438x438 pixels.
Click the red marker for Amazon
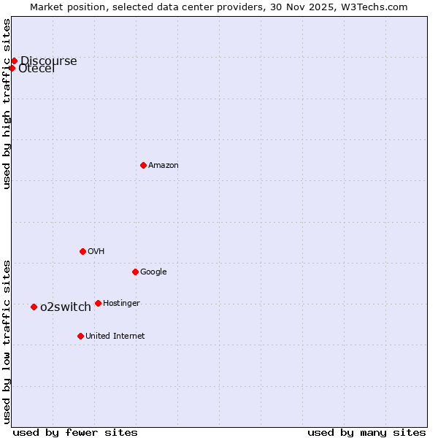pyautogui.click(x=143, y=165)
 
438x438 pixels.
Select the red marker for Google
pyautogui.click(x=135, y=272)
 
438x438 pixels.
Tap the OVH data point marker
pyautogui.click(x=82, y=251)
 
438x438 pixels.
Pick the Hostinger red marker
pyautogui.click(x=98, y=303)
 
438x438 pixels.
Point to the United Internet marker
pyautogui.click(x=80, y=336)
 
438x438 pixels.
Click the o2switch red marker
pyautogui.click(x=34, y=307)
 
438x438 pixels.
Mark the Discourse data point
pyautogui.click(x=14, y=61)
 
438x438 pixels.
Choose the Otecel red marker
pyautogui.click(x=12, y=68)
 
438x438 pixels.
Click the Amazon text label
pyautogui.click(x=164, y=166)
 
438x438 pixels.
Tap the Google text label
pyautogui.click(x=153, y=272)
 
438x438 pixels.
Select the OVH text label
pyautogui.click(x=96, y=252)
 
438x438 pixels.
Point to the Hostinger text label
pyautogui.click(x=121, y=304)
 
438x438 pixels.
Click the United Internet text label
pyautogui.click(x=115, y=337)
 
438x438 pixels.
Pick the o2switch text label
pyautogui.click(x=66, y=307)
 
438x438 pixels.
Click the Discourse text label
pyautogui.click(x=49, y=61)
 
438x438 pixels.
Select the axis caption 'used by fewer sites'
pyautogui.click(x=75, y=432)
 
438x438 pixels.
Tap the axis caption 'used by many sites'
pyautogui.click(x=366, y=432)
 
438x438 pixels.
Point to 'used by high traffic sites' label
pyautogui.click(x=7, y=104)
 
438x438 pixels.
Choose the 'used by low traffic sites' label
pyautogui.click(x=7, y=341)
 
